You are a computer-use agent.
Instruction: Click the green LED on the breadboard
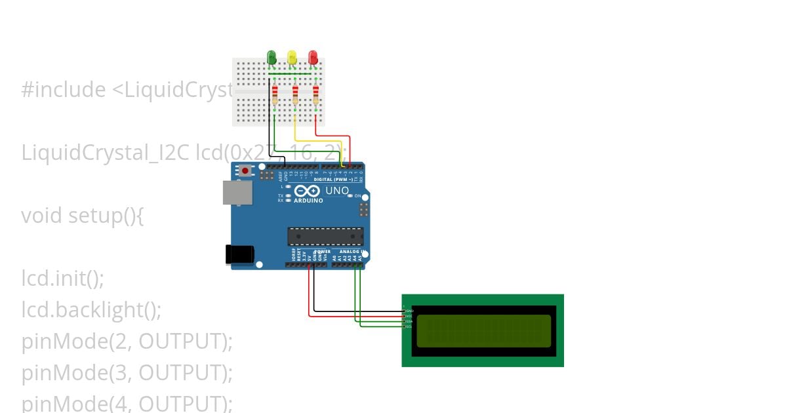[272, 57]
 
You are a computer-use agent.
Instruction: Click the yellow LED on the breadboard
[292, 57]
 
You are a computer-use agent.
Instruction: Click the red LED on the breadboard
[313, 57]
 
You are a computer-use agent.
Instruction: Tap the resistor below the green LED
[275, 96]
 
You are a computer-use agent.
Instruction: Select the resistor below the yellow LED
[295, 96]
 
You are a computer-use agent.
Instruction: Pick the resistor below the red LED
[316, 96]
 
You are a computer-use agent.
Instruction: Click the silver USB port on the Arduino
[236, 193]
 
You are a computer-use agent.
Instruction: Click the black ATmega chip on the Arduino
[325, 236]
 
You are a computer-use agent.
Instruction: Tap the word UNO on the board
[337, 191]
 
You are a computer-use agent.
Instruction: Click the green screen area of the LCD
[483, 330]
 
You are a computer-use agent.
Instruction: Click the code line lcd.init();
[63, 279]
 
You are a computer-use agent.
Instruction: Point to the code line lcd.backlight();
[91, 309]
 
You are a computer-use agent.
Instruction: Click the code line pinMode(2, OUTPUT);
[127, 342]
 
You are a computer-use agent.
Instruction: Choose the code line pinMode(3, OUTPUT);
[127, 372]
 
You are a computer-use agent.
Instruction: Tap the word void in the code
[43, 216]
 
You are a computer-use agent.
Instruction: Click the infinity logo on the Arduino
[308, 191]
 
